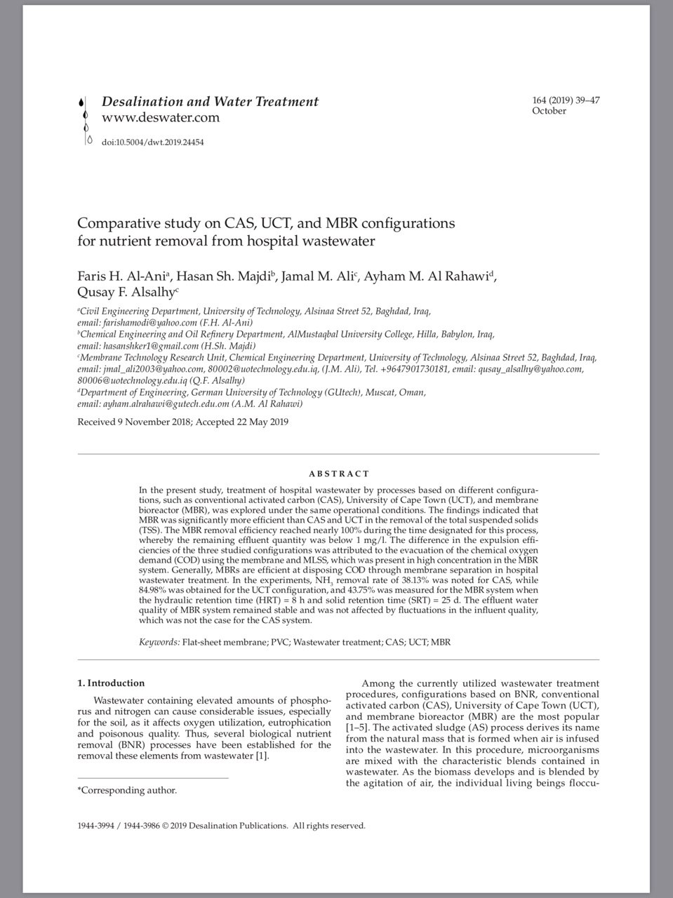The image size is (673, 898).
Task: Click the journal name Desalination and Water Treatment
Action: [210, 102]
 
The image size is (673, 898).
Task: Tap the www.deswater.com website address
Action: [161, 118]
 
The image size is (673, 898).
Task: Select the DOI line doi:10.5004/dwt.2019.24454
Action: [152, 142]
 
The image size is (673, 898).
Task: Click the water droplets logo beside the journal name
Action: [86, 119]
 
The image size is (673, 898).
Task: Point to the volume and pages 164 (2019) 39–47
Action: [566, 100]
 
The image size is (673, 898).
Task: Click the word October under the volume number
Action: [549, 111]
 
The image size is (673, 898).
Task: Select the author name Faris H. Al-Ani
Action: [121, 276]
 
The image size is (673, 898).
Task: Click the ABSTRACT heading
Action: [339, 474]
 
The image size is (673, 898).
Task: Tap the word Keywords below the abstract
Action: [159, 642]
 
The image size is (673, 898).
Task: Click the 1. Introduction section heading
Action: [111, 683]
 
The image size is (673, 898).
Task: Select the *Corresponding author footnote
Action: [127, 791]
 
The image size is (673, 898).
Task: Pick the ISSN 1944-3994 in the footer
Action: [95, 826]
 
